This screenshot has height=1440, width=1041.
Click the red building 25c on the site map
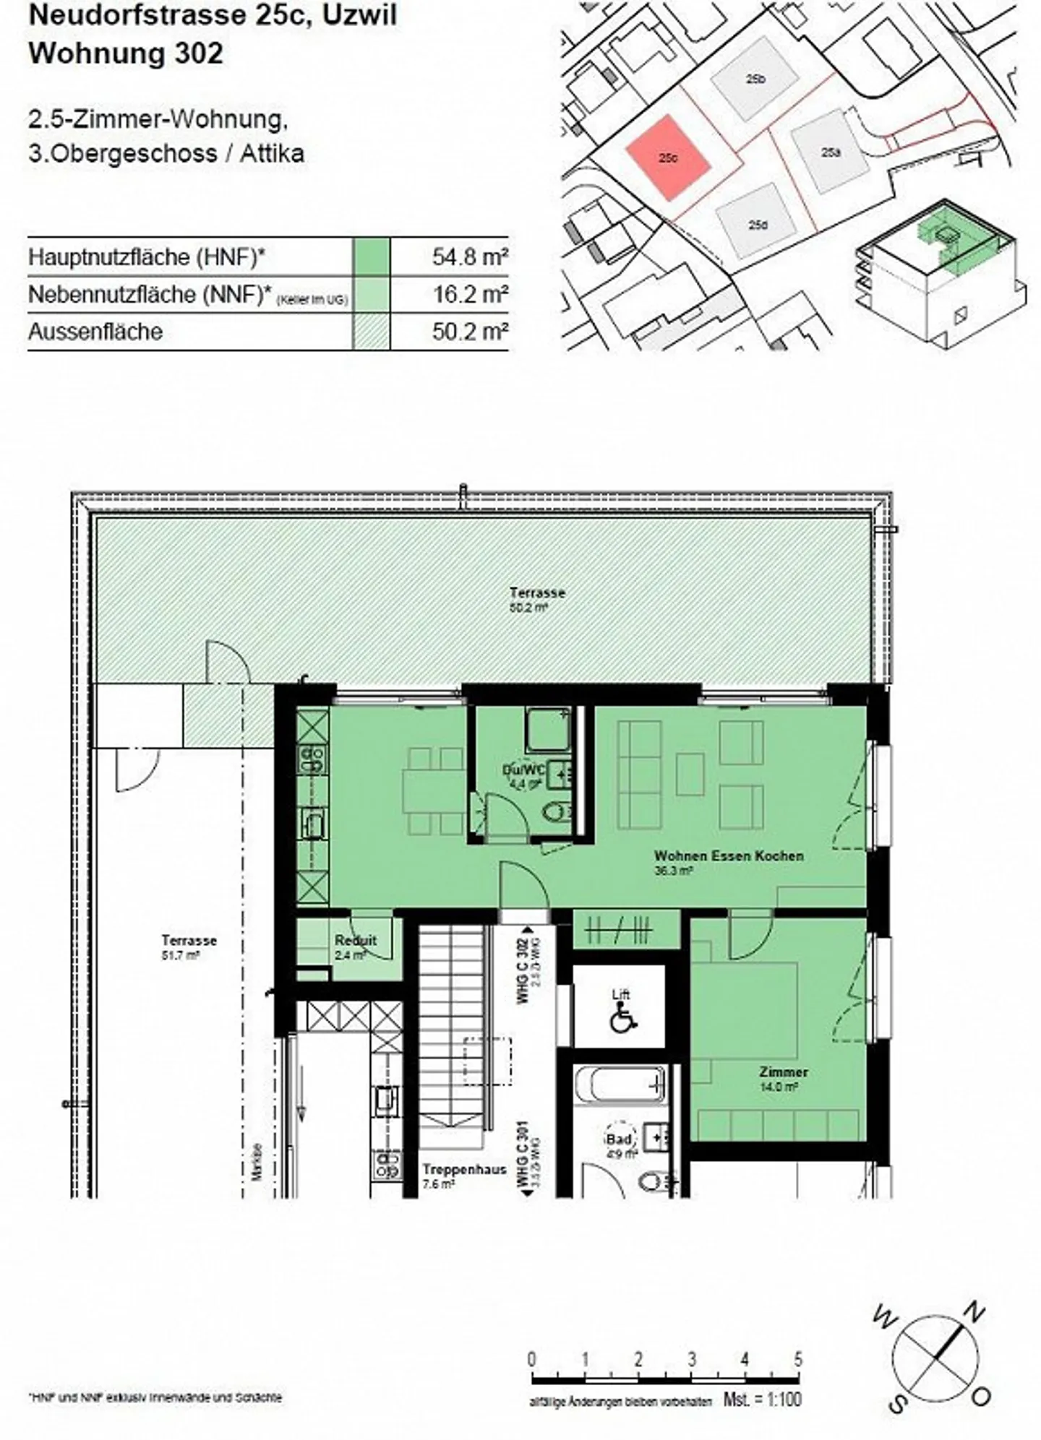point(668,158)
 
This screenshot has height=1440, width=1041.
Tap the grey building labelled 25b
point(753,81)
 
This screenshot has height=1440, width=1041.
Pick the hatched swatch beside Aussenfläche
point(371,332)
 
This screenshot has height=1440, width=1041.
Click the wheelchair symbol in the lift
point(620,1021)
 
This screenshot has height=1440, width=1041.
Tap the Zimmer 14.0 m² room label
point(783,1079)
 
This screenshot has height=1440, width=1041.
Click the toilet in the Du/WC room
point(554,814)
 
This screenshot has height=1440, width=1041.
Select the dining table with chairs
point(434,790)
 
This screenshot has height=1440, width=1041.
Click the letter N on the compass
point(976,1311)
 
